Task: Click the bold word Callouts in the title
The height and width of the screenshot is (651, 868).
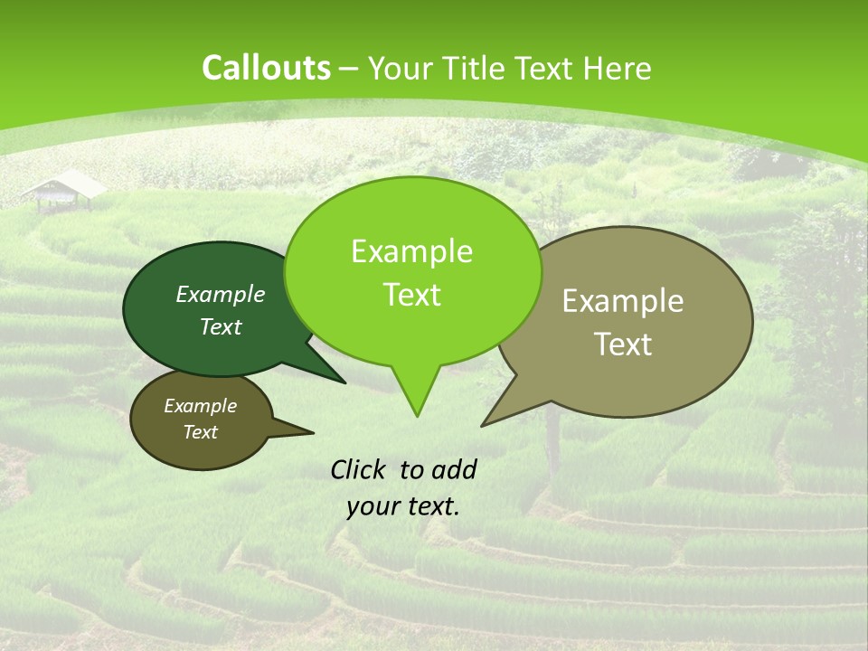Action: [266, 68]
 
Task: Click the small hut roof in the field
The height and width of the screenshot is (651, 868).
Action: [65, 184]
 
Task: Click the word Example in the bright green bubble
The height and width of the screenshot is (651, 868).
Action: [411, 251]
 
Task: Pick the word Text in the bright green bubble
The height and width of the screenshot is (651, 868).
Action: [411, 295]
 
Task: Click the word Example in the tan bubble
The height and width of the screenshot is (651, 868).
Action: [623, 301]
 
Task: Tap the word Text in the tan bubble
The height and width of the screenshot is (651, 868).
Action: [623, 344]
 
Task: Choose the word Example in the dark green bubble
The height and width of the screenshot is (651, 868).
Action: [220, 294]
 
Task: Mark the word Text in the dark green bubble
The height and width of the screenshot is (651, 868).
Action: [220, 326]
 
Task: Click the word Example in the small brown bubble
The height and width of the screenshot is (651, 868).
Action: [200, 406]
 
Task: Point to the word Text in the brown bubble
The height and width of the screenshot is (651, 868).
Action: [200, 432]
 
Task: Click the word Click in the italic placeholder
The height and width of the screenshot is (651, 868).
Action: [358, 469]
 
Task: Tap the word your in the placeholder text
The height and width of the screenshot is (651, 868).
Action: [373, 507]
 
